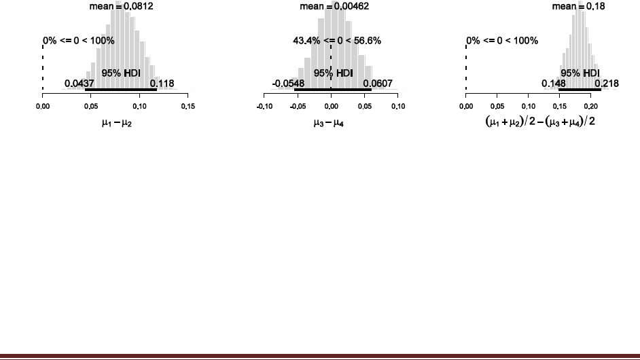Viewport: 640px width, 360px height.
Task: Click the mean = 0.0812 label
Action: pos(117,7)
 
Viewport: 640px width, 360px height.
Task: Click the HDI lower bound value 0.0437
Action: pos(79,84)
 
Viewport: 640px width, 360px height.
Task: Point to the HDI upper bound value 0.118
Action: pos(162,84)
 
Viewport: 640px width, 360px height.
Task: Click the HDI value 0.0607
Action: pos(376,84)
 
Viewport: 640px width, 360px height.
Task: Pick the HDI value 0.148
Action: pos(552,84)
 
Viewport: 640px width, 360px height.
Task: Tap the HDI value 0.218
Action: pos(607,84)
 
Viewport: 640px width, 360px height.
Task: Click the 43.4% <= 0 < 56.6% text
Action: pos(333,41)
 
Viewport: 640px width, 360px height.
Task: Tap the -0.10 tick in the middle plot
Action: pos(265,106)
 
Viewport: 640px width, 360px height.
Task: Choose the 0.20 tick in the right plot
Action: pos(590,106)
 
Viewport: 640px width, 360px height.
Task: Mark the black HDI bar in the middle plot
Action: pos(333,89)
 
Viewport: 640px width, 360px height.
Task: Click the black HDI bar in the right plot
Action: pos(580,89)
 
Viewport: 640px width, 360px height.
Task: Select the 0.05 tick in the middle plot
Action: pos(365,106)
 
